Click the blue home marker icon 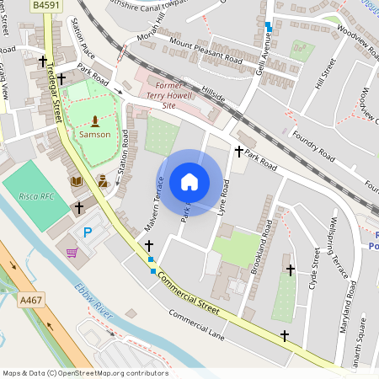coord(189,182)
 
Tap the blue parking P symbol coord(86,232)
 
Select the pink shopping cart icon coord(72,252)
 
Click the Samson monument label coord(94,134)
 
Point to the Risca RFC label coord(36,195)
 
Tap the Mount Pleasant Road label coord(206,51)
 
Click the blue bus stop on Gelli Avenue coord(269,27)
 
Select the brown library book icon coord(77,180)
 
